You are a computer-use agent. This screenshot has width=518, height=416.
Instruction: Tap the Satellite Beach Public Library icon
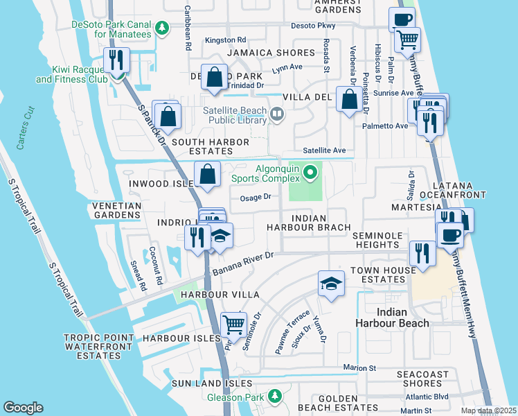click(x=278, y=113)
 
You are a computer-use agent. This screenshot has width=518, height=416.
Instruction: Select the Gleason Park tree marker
click(x=275, y=396)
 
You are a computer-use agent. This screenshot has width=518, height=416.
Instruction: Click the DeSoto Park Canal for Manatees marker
click(x=161, y=28)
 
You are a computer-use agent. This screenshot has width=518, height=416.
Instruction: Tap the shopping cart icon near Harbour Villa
click(x=233, y=323)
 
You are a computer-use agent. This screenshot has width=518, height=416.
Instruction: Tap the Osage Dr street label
click(x=254, y=197)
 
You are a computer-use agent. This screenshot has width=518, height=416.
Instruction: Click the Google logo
click(x=23, y=408)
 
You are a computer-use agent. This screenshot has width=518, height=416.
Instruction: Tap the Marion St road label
click(x=359, y=367)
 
